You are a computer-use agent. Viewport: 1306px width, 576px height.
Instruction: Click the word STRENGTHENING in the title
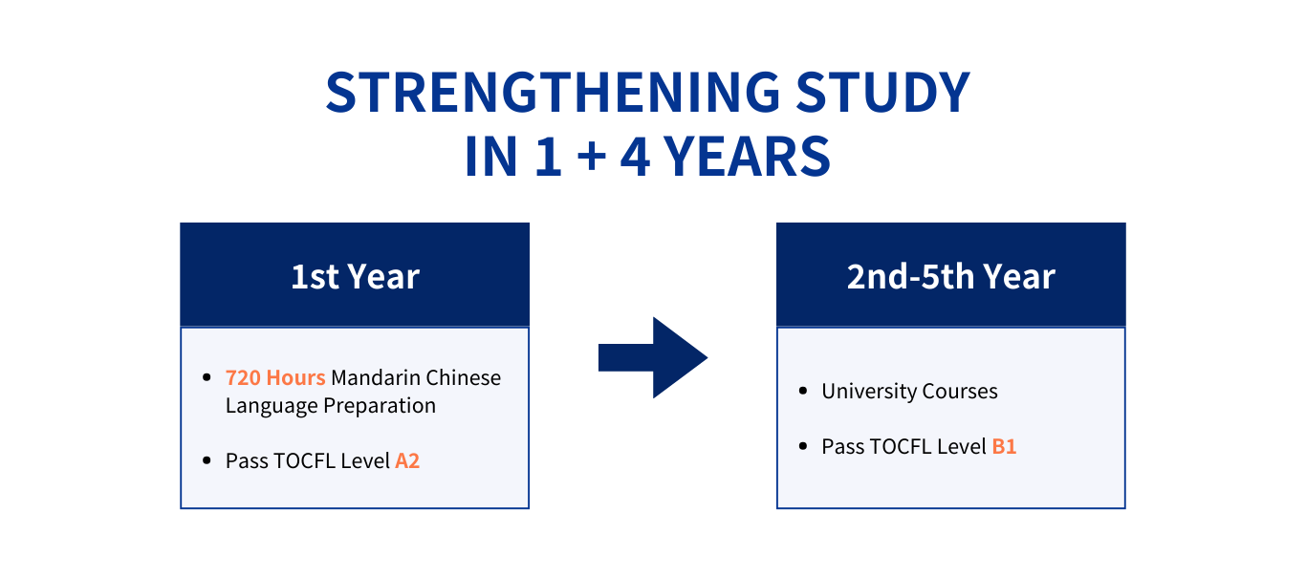click(553, 92)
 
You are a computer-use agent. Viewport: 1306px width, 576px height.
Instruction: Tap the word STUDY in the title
click(883, 92)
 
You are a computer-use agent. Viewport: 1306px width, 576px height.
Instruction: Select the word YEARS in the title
click(748, 156)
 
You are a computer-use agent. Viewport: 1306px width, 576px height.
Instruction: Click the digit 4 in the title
click(635, 156)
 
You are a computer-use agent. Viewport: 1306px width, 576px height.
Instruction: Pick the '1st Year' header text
click(355, 276)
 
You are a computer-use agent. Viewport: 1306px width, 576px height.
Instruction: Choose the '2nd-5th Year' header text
click(951, 276)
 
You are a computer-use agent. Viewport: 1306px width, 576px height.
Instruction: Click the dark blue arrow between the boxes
click(653, 357)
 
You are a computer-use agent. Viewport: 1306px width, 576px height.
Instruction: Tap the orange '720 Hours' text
click(275, 377)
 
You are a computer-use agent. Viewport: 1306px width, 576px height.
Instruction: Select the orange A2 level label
click(407, 461)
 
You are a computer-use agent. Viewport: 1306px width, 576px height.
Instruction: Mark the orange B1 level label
click(1004, 447)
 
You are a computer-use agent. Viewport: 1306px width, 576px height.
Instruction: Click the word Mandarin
click(376, 377)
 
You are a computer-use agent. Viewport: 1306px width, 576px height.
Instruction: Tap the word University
click(869, 392)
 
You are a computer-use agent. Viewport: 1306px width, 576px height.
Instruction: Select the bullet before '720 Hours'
click(207, 378)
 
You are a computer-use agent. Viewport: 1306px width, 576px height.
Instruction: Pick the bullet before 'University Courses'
click(803, 391)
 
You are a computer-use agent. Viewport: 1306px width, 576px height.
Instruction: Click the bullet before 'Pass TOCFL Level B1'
click(803, 447)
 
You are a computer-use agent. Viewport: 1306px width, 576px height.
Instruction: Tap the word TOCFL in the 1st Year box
click(304, 461)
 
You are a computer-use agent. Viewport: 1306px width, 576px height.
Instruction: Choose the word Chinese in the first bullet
click(463, 377)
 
